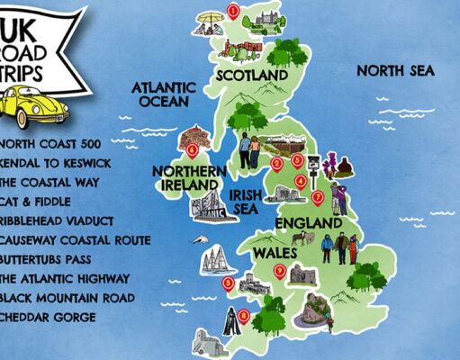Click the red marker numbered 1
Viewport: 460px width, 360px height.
coord(234,12)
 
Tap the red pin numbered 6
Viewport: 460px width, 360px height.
coord(192,150)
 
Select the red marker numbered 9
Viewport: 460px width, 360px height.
coord(280,270)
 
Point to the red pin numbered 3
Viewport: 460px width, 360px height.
coord(227,283)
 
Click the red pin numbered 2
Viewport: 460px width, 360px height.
coord(276,163)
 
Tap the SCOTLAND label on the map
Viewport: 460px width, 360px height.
coord(245,77)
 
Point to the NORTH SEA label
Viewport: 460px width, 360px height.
coord(395,70)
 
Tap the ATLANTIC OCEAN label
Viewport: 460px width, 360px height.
coord(164,95)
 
